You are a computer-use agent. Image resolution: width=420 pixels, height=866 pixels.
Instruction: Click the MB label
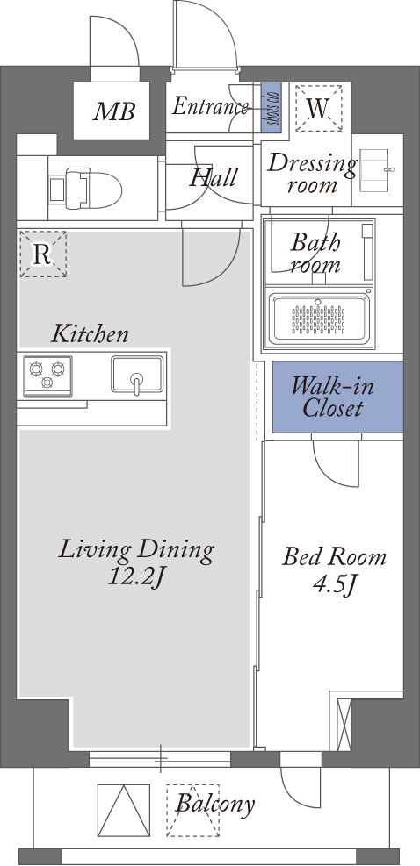113,111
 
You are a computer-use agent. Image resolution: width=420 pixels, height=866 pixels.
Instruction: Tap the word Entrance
210,105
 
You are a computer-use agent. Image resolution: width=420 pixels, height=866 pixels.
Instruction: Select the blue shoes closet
272,107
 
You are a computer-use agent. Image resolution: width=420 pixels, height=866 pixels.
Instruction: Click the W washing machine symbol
318,108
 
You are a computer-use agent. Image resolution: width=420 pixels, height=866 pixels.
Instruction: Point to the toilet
85,189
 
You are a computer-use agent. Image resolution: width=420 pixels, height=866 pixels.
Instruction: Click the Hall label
214,177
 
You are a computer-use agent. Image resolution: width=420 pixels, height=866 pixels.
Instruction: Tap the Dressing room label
312,174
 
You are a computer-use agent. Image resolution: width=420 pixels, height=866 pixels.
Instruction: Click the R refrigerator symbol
43,254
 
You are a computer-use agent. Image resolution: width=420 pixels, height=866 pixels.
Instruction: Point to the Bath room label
315,253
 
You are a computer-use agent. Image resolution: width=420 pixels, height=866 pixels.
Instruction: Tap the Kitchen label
90,333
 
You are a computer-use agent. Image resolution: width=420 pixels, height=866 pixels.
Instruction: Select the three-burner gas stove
47,376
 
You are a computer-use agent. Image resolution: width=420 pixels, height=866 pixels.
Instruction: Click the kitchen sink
137,375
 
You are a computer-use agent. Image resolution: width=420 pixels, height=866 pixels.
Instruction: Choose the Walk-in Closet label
332,397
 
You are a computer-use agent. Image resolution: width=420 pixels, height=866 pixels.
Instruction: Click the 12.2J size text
136,576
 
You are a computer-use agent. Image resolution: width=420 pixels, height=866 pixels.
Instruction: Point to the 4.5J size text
334,583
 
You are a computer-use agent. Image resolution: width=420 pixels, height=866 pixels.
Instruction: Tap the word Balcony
215,804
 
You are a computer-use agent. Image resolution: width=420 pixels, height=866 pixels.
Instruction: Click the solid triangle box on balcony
123,810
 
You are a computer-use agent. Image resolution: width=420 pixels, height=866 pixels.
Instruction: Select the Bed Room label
334,556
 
